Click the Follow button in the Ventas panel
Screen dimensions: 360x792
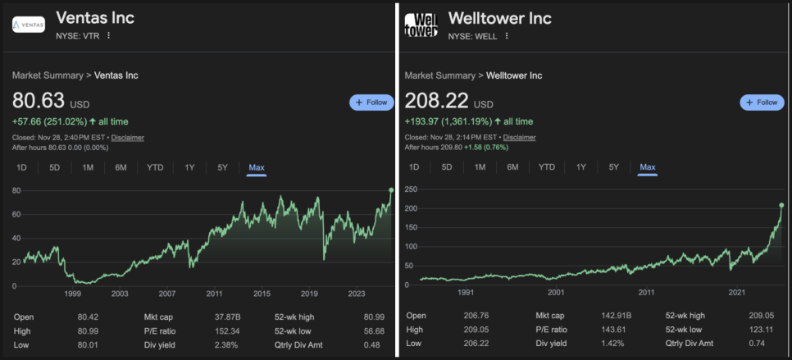click(x=371, y=103)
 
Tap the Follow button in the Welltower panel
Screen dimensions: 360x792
click(x=762, y=103)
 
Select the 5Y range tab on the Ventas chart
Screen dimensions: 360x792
click(x=222, y=167)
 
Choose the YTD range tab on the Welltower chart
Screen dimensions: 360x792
click(x=547, y=167)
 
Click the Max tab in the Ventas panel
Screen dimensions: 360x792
click(x=257, y=167)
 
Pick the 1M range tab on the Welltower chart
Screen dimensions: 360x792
click(x=480, y=167)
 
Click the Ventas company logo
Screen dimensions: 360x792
click(x=29, y=24)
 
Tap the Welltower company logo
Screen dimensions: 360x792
click(x=421, y=24)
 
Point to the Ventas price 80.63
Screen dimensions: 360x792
click(x=39, y=101)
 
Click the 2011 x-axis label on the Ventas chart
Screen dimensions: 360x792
click(x=215, y=294)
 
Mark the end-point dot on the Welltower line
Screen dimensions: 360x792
click(x=781, y=205)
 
